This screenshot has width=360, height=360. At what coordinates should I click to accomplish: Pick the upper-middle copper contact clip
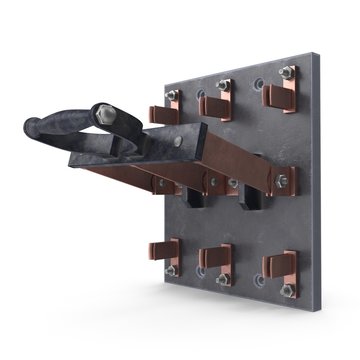click(x=214, y=103)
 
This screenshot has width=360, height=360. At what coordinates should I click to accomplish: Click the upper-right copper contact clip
click(x=278, y=94)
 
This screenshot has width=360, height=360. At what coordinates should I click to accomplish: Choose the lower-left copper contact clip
click(x=166, y=254)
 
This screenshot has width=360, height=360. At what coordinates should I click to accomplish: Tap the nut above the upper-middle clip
click(x=223, y=83)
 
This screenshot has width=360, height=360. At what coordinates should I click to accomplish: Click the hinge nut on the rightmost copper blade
click(x=281, y=182)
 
